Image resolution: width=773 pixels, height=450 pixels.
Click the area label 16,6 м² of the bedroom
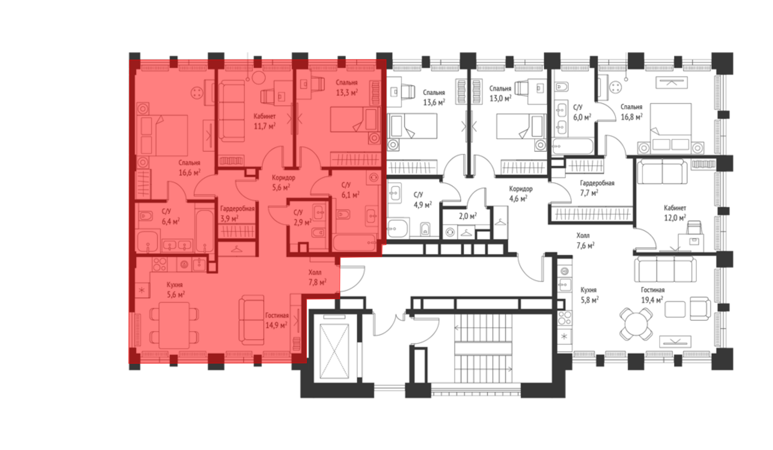tap(189, 173)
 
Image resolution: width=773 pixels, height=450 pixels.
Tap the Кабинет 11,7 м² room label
tap(264, 121)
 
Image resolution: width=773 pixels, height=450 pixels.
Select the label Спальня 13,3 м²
tap(347, 87)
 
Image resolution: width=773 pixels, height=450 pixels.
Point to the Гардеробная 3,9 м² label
tap(237, 213)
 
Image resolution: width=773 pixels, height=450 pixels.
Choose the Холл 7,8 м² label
tap(317, 277)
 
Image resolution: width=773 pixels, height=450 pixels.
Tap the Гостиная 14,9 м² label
tap(277, 320)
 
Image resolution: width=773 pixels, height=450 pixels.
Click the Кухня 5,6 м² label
tap(175, 290)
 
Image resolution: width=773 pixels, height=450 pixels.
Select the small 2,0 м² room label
tap(468, 216)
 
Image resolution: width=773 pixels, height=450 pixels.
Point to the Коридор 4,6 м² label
tap(520, 194)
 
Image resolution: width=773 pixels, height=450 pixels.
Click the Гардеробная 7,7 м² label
tap(597, 187)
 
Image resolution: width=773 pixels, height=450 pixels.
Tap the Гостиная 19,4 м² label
tap(652, 295)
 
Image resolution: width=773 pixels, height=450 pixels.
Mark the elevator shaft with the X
tap(334, 351)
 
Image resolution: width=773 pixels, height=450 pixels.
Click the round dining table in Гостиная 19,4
tap(636, 324)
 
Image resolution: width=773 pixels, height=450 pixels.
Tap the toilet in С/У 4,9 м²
tap(425, 229)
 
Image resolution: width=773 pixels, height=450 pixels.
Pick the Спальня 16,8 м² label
tap(632, 112)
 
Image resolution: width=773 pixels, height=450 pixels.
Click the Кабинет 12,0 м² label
tap(675, 213)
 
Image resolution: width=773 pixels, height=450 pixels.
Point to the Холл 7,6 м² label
tap(585, 240)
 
